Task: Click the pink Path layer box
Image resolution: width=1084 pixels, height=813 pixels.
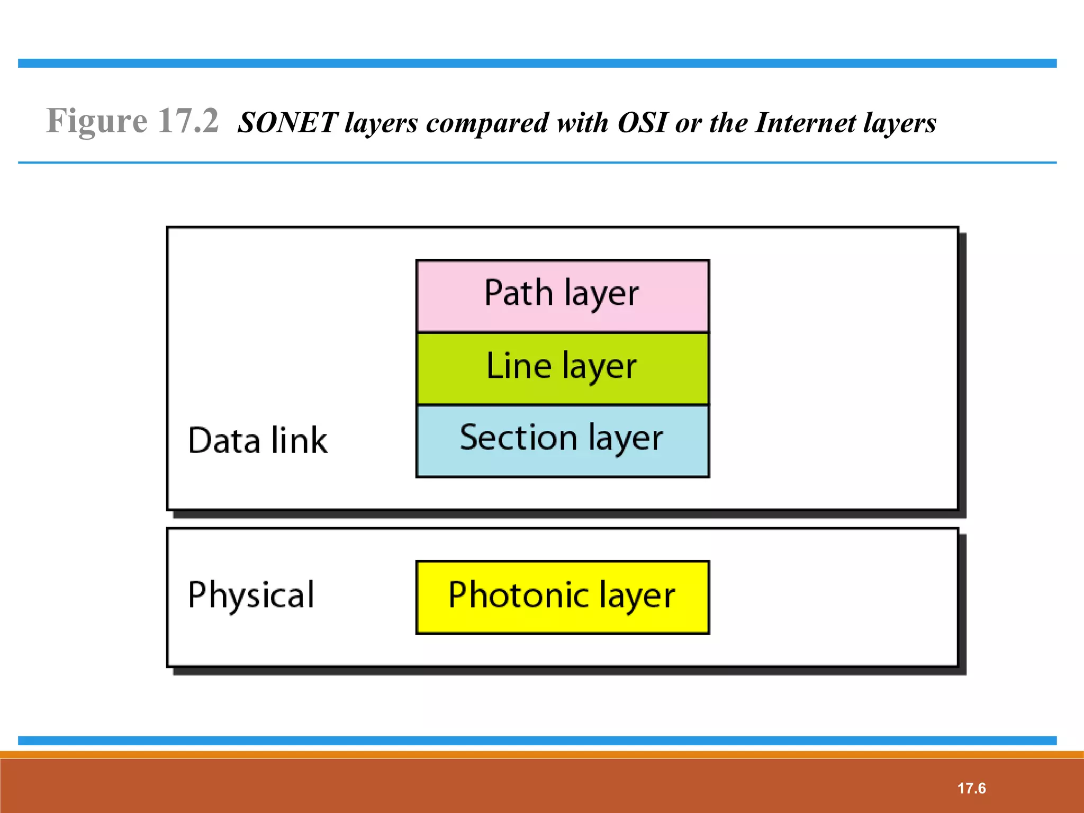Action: point(562,296)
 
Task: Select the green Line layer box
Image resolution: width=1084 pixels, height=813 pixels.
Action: point(562,369)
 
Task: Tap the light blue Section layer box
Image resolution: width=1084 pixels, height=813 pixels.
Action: point(562,441)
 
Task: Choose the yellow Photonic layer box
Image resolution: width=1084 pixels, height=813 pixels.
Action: point(562,597)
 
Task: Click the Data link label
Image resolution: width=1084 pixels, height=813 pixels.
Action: point(258,440)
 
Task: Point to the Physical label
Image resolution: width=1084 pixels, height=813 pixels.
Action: point(251,595)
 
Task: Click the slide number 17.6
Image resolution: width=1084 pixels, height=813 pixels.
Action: point(971,788)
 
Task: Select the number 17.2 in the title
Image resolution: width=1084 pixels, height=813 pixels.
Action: point(188,121)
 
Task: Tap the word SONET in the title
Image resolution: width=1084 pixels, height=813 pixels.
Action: point(287,123)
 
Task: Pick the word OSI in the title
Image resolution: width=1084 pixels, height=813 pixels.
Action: point(642,123)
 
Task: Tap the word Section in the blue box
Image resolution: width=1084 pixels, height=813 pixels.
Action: point(518,438)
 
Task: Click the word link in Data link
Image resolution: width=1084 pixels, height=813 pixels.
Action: point(299,440)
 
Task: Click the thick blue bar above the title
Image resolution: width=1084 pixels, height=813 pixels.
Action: point(537,64)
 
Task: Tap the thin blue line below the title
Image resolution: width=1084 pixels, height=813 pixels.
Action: point(537,162)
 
